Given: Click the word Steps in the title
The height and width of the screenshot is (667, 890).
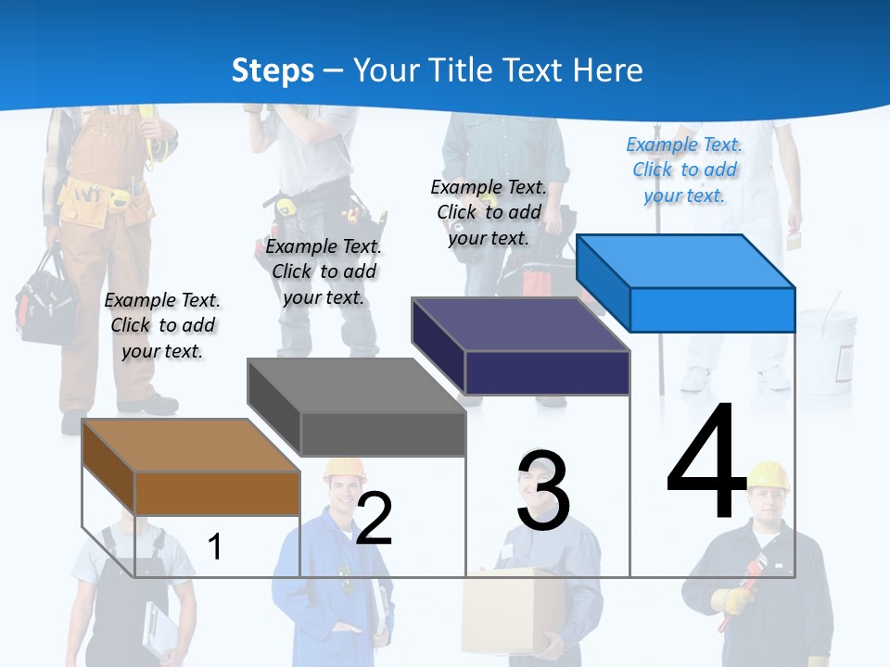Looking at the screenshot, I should tap(273, 70).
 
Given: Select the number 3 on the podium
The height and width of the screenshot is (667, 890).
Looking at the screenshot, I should tap(543, 490).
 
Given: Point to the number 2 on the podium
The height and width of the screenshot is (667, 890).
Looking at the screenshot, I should tap(374, 518).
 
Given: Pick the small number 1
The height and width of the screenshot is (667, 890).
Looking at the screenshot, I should tap(214, 547).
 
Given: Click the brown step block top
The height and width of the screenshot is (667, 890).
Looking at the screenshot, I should tap(191, 445).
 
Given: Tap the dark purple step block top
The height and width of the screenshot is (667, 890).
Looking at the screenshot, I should tap(521, 324).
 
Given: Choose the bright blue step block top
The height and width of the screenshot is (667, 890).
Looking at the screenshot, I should tap(686, 260).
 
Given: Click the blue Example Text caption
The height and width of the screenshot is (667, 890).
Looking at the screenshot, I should tap(684, 170).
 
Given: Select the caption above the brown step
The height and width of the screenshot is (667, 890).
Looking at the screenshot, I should tap(162, 325).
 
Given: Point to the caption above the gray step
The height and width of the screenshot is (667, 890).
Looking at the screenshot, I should tap(324, 271).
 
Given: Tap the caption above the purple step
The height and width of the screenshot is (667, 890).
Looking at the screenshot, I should tap(489, 212).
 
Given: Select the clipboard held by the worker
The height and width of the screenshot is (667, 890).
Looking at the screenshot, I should tap(159, 631).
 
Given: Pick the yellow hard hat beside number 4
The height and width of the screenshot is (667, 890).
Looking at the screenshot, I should tap(768, 474).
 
